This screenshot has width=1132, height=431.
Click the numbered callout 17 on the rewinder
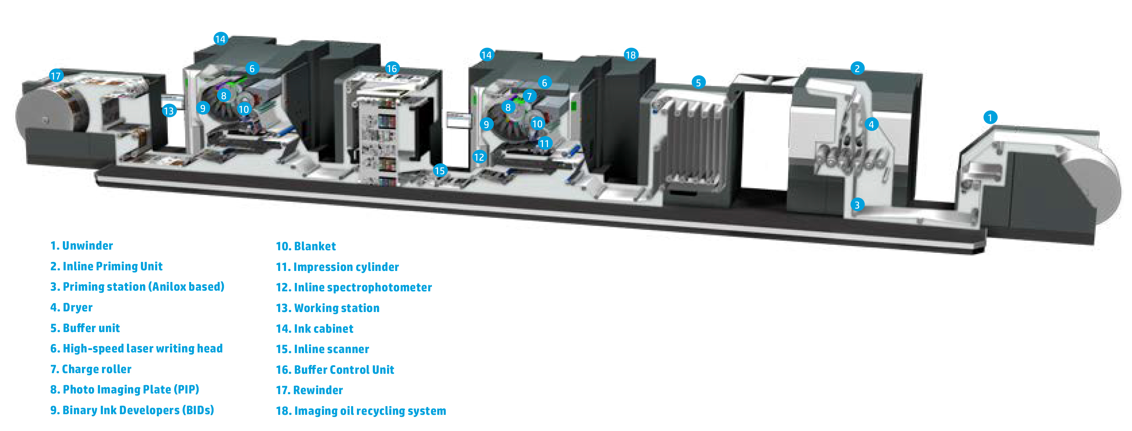56,76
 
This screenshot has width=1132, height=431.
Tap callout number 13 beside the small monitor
169,111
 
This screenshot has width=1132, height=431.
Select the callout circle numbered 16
392,69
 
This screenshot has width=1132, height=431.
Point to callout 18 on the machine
631,55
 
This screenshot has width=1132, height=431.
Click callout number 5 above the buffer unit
698,82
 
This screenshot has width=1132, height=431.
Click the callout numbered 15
440,171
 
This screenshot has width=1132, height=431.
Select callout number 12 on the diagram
479,157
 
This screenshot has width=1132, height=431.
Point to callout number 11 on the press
544,144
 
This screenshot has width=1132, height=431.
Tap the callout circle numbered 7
530,96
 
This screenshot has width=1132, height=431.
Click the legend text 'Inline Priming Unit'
112,266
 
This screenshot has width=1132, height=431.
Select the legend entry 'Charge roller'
97,369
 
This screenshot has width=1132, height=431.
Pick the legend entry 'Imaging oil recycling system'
370,411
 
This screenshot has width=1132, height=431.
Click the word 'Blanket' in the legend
314,246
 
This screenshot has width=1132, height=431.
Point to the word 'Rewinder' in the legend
318,390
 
